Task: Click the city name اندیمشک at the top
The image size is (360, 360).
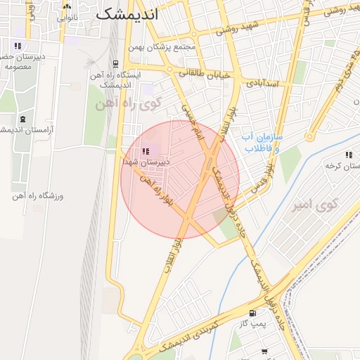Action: point(127,13)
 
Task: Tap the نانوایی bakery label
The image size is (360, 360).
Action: point(67,17)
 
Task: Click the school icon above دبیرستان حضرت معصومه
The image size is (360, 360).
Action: point(18,46)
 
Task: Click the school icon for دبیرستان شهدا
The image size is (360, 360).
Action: point(146,151)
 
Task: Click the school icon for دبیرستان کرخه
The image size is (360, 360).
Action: point(349,155)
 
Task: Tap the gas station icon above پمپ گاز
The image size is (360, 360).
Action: point(252,313)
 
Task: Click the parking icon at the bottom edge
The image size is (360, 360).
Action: point(264,351)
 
